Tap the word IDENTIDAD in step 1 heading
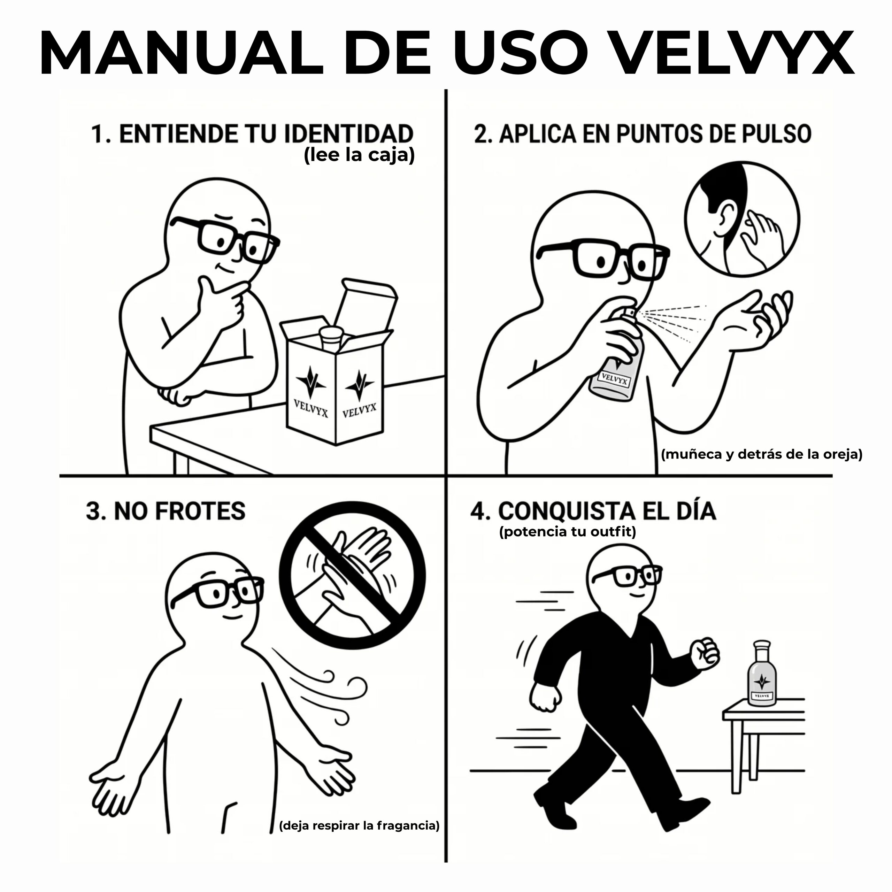pos(348,134)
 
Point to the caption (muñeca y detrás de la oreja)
pos(761,454)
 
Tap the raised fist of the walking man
pos(704,654)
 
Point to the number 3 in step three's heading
pos(93,511)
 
